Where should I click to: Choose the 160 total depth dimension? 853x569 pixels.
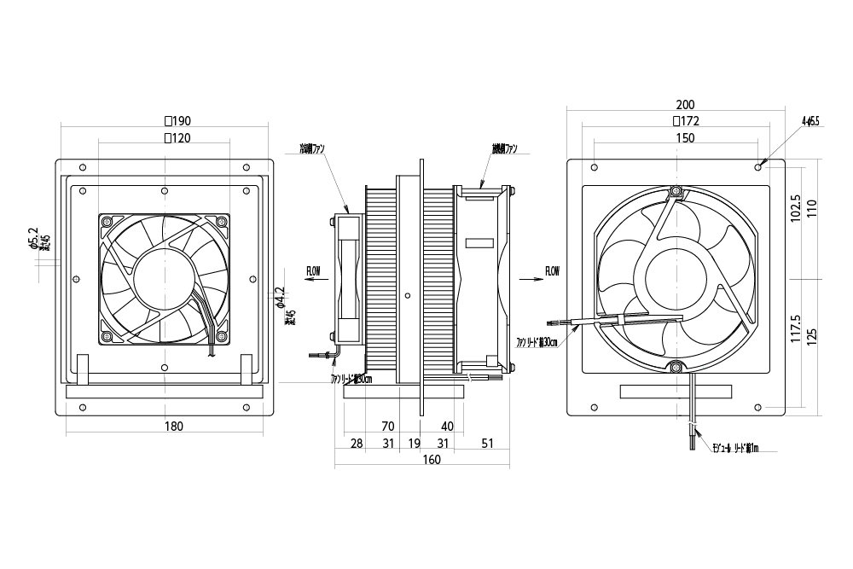pyautogui.click(x=430, y=461)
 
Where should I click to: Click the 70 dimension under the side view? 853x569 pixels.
pyautogui.click(x=387, y=426)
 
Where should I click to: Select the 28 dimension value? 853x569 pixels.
pyautogui.click(x=357, y=444)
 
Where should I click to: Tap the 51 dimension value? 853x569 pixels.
pyautogui.click(x=487, y=444)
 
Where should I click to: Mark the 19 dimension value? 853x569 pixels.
pyautogui.click(x=414, y=444)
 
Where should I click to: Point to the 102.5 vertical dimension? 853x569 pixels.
pyautogui.click(x=795, y=208)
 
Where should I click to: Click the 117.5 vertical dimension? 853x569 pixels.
pyautogui.click(x=795, y=328)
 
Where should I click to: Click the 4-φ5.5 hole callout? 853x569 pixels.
pyautogui.click(x=809, y=122)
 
